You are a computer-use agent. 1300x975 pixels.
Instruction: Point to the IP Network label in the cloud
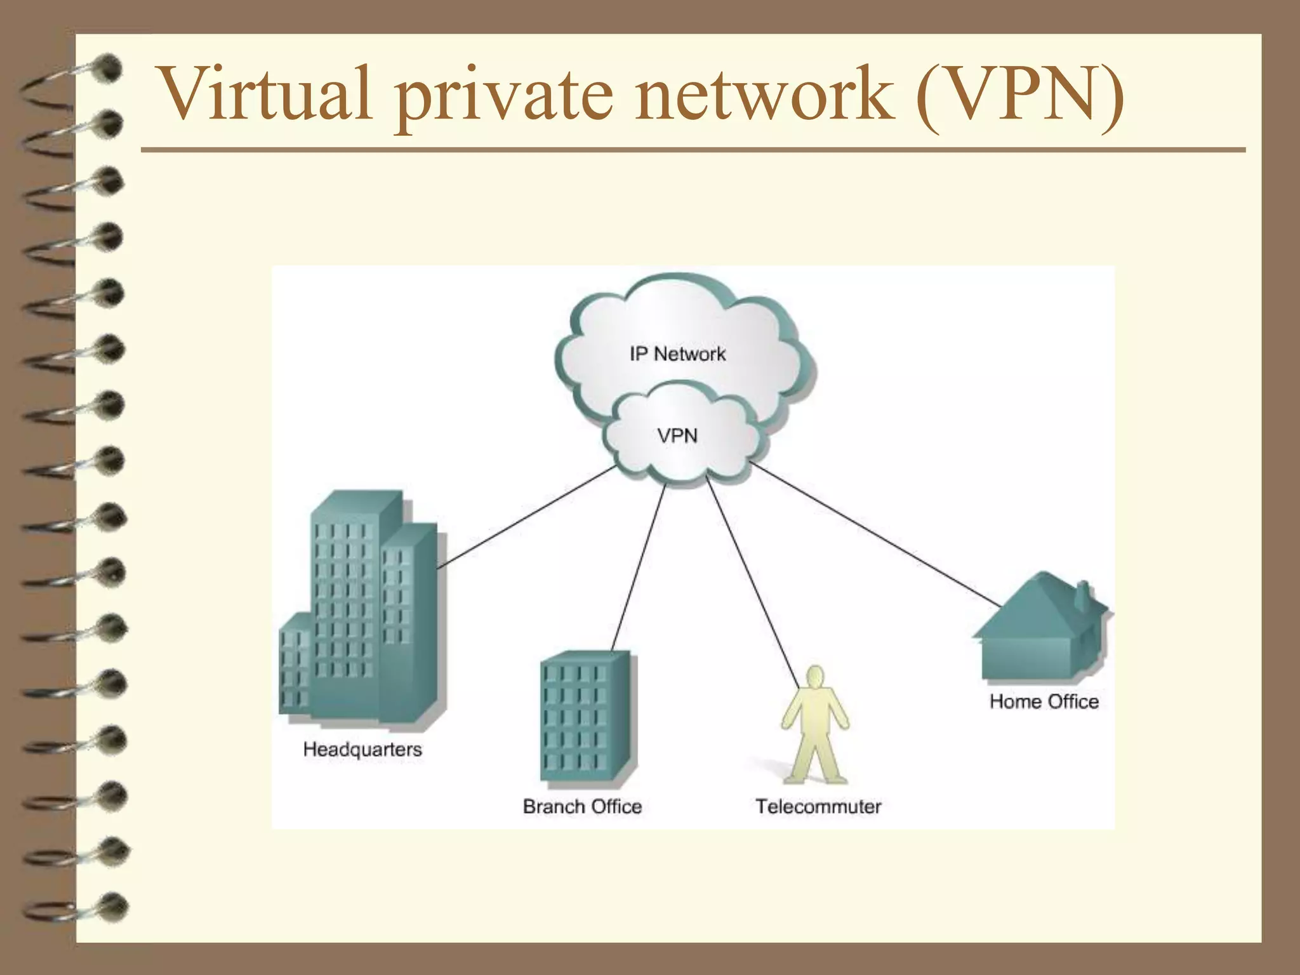677,354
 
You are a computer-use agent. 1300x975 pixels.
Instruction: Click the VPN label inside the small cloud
677,436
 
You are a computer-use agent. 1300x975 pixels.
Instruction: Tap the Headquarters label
362,749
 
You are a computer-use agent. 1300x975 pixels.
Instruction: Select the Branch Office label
582,806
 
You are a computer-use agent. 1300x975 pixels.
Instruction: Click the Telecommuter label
818,806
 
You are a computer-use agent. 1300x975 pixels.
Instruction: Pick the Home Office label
1044,701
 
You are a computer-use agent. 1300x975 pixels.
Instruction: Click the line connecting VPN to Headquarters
527,517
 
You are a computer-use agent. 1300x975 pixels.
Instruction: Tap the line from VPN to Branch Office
638,568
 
